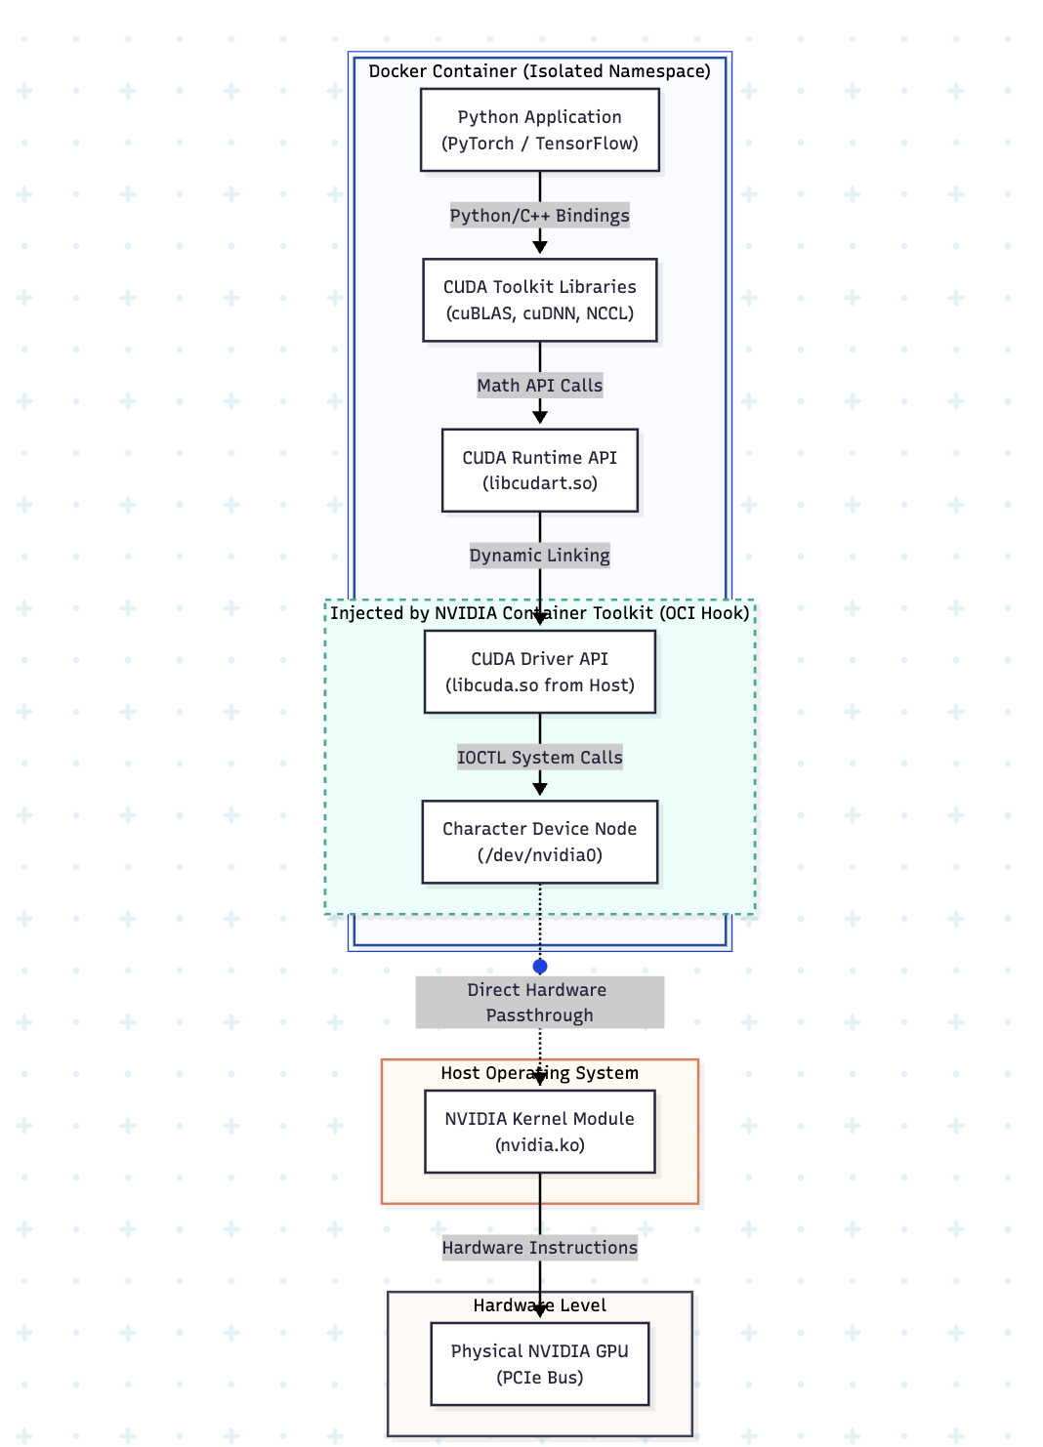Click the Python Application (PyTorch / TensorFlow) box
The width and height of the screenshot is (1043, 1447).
tap(540, 130)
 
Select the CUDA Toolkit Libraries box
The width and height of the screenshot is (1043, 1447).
tap(540, 300)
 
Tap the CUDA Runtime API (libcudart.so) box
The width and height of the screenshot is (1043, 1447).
tap(540, 471)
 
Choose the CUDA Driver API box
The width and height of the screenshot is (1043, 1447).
tap(540, 672)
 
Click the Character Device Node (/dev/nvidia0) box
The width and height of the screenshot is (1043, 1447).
tap(540, 842)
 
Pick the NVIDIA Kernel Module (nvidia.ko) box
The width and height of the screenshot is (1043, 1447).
tap(540, 1131)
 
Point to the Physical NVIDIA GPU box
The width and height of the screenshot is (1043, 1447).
tap(540, 1364)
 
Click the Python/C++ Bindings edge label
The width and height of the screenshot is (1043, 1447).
tap(540, 215)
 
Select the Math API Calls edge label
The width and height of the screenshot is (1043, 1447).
tap(540, 385)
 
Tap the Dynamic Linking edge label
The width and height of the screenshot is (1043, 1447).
tap(540, 555)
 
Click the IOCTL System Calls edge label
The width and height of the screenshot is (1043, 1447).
tap(540, 757)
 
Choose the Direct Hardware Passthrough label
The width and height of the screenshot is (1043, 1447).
tap(540, 1002)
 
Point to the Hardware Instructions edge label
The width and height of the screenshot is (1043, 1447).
tap(540, 1247)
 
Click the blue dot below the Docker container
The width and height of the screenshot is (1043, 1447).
tap(540, 967)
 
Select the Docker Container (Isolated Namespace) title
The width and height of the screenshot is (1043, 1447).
tap(540, 71)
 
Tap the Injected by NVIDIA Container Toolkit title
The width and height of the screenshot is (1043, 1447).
tap(540, 612)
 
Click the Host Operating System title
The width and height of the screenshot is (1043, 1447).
tap(540, 1072)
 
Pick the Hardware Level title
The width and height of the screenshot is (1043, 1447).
tap(540, 1304)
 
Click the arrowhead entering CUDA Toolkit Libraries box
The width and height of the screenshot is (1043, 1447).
tap(540, 247)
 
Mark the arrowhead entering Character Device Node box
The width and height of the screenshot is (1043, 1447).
tap(540, 789)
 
